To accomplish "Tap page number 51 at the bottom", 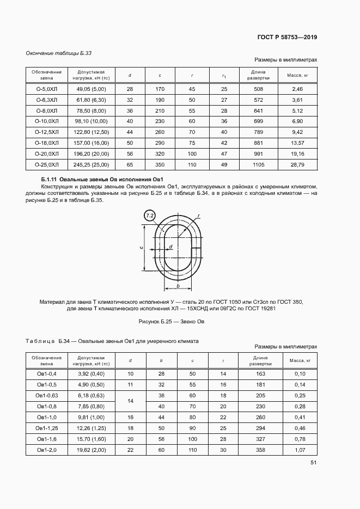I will tap(313, 463).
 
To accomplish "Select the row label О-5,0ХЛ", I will tap(46, 88).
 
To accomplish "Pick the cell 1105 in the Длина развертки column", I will tap(258, 164).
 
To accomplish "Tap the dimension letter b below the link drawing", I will tap(178, 285).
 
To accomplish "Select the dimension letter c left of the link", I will tap(142, 248).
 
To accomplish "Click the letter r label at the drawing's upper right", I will tap(199, 216).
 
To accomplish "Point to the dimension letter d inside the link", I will tap(170, 247).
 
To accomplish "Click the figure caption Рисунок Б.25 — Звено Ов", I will tap(172, 321).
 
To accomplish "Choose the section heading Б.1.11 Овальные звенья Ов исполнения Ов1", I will tap(102, 180).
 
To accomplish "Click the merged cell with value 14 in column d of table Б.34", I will tap(130, 401).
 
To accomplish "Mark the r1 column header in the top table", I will tap(224, 75).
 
